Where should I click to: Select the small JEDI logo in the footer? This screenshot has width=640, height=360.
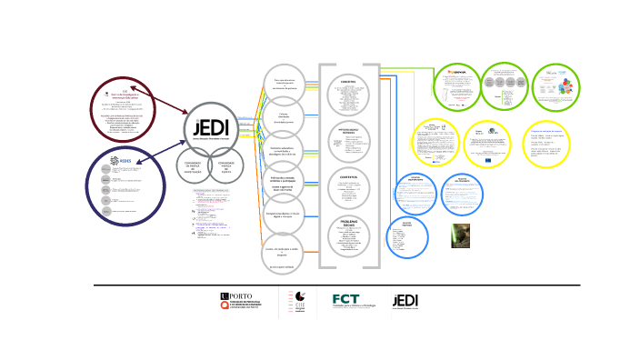[x=405, y=302]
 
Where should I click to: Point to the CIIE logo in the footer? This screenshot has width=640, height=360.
[x=295, y=303]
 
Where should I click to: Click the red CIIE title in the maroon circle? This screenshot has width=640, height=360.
[x=125, y=92]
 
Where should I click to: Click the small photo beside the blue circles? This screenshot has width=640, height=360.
[x=460, y=235]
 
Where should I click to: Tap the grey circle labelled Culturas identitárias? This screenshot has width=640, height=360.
[x=284, y=118]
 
